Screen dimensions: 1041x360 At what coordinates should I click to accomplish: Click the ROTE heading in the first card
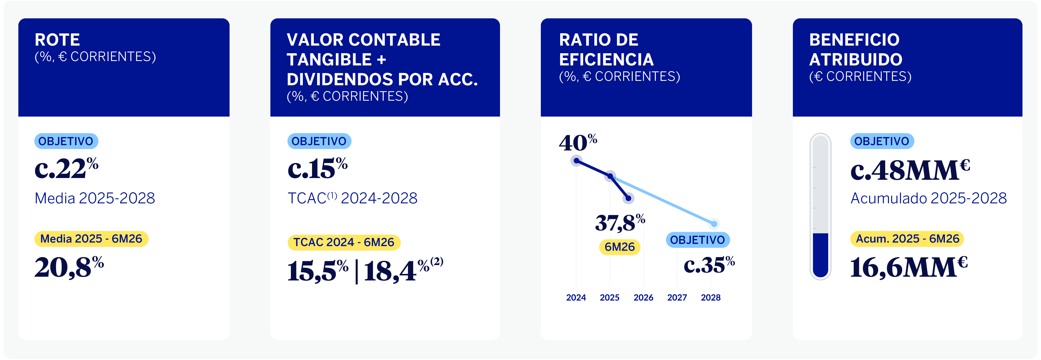pos(57,40)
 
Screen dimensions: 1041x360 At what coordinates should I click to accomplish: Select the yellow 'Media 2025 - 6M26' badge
pos(91,239)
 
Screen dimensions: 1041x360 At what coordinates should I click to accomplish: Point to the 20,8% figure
pos(69,267)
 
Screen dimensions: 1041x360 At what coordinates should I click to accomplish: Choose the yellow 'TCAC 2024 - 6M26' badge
pos(344,242)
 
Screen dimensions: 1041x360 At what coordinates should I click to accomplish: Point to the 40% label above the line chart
pos(578,143)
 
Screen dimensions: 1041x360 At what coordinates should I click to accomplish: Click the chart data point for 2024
pos(576,161)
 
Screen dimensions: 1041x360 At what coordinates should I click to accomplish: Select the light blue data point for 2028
pos(714,224)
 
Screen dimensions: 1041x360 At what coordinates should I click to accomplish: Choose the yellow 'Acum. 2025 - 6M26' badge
pos(907,239)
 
